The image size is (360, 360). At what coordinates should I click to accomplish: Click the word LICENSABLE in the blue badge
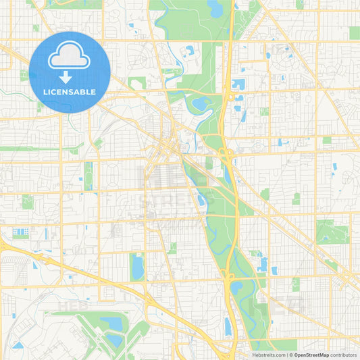[x=70, y=91]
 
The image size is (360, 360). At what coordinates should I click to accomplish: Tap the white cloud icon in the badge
[x=70, y=57]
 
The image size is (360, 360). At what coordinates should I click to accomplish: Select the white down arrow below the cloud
[x=70, y=76]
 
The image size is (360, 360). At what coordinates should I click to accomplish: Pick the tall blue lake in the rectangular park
[x=138, y=267]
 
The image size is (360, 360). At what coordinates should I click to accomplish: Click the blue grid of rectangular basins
[x=20, y=232]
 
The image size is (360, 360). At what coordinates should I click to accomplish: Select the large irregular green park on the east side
[x=332, y=232]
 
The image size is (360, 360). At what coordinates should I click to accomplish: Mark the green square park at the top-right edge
[x=355, y=32]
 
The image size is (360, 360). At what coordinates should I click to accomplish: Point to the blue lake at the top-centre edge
[x=216, y=9]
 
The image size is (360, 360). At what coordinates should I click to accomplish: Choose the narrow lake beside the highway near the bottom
[x=228, y=327]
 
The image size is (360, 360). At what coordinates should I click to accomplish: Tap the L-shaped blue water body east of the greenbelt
[x=261, y=263]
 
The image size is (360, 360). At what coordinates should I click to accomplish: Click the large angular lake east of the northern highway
[x=238, y=84]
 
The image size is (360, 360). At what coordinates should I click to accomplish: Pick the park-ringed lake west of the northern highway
[x=201, y=105]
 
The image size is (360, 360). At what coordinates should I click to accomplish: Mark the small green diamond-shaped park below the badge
[x=98, y=143]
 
